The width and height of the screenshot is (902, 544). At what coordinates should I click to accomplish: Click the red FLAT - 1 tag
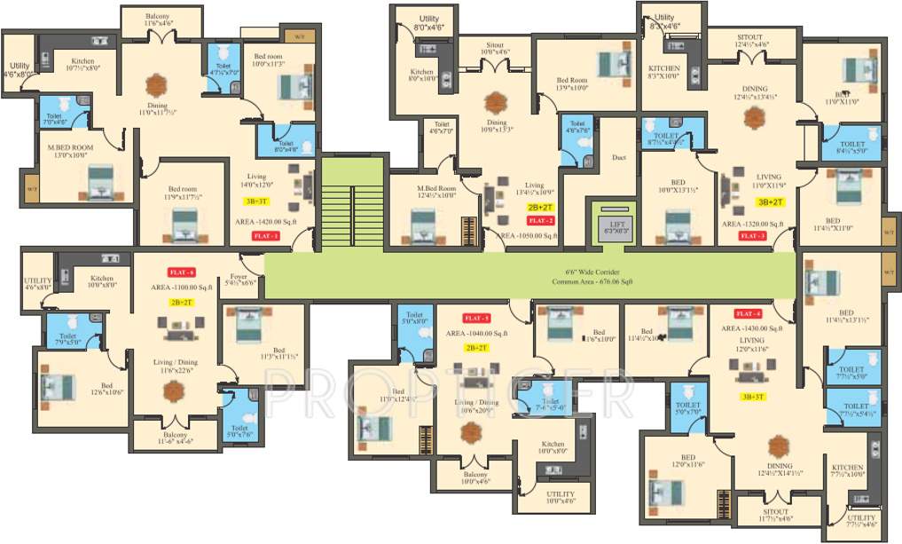[x=266, y=236]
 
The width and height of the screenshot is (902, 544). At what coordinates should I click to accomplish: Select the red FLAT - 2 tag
[x=540, y=219]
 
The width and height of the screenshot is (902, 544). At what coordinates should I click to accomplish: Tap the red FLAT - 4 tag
[x=749, y=313]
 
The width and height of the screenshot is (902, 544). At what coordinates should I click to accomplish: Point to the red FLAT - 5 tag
[x=476, y=318]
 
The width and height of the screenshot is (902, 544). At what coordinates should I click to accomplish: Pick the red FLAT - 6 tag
[x=181, y=272]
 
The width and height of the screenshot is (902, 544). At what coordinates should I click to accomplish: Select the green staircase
[x=353, y=202]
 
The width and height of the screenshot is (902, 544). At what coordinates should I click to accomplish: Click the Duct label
[x=618, y=159]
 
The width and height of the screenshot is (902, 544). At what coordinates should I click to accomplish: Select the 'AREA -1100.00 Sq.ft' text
[x=182, y=288]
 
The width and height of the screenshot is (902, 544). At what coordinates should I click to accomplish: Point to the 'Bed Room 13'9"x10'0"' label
[x=573, y=83]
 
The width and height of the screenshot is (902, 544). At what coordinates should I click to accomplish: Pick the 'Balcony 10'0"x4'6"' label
[x=475, y=477]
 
